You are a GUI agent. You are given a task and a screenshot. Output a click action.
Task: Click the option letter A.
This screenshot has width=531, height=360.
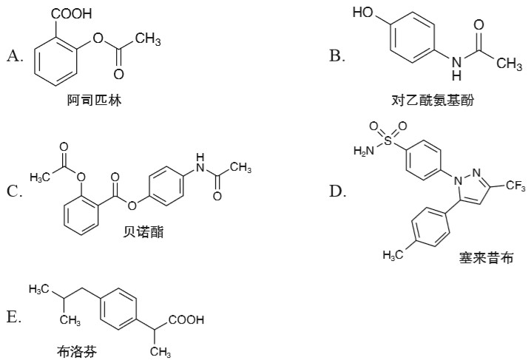point(14,55)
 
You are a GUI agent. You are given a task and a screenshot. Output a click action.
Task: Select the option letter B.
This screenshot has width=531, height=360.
point(337,55)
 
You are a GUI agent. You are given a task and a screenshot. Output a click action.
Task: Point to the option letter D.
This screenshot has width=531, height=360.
point(337,191)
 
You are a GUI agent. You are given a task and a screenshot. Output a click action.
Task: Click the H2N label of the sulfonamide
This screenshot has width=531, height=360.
point(362,151)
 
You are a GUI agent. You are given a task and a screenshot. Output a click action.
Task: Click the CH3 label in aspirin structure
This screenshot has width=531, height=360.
point(148,39)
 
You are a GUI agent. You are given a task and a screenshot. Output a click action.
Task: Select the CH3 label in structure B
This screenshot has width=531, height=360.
point(510,64)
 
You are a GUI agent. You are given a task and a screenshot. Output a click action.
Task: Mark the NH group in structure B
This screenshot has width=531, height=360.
point(457,67)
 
